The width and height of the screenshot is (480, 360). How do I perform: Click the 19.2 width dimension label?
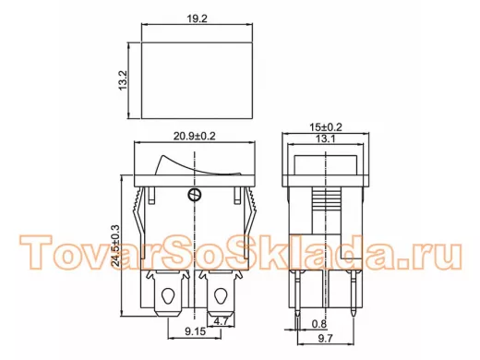(x=198, y=18)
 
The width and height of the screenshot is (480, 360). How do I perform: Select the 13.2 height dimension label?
(x=123, y=80)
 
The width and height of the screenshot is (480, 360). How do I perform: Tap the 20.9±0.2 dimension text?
(x=195, y=136)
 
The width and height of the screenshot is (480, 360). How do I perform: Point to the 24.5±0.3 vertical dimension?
(x=116, y=246)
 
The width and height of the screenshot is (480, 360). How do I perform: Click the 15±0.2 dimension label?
(x=326, y=127)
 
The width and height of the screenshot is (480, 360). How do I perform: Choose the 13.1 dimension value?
(x=325, y=138)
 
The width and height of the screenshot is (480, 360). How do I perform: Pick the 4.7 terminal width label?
(x=221, y=321)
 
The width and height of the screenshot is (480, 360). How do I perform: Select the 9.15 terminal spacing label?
(x=195, y=331)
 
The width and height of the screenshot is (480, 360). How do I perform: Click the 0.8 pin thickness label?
(x=319, y=324)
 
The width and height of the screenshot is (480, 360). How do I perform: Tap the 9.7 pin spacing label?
(x=325, y=339)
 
